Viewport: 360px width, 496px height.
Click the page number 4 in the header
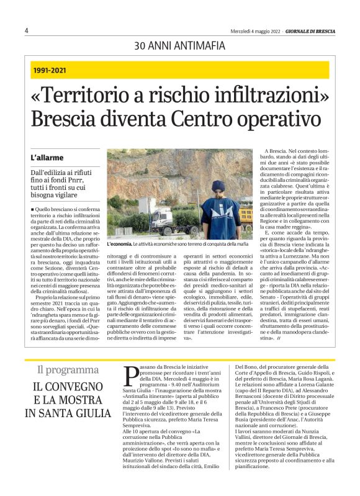(27, 30)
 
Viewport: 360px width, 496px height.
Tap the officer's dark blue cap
(218, 185)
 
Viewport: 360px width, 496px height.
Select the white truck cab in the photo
(163, 217)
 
